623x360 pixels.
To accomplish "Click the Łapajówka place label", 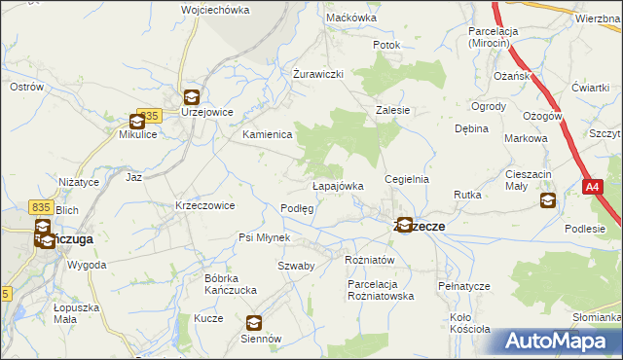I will [338, 186].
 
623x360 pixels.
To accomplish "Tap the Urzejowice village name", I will [206, 112].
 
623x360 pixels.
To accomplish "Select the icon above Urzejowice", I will [191, 96].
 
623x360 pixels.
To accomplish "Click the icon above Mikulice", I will [137, 122].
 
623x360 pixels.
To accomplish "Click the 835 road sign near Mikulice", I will [148, 116].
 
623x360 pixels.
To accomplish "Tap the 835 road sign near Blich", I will [40, 206].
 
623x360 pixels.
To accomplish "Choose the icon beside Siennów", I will [253, 323].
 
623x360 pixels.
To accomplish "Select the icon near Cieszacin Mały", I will [547, 200].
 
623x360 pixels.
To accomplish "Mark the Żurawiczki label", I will [319, 74].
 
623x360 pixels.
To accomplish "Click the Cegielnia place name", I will [407, 180].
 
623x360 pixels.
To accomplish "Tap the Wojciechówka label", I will [215, 10].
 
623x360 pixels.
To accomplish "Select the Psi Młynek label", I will [265, 237].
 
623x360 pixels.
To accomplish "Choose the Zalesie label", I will [393, 111].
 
